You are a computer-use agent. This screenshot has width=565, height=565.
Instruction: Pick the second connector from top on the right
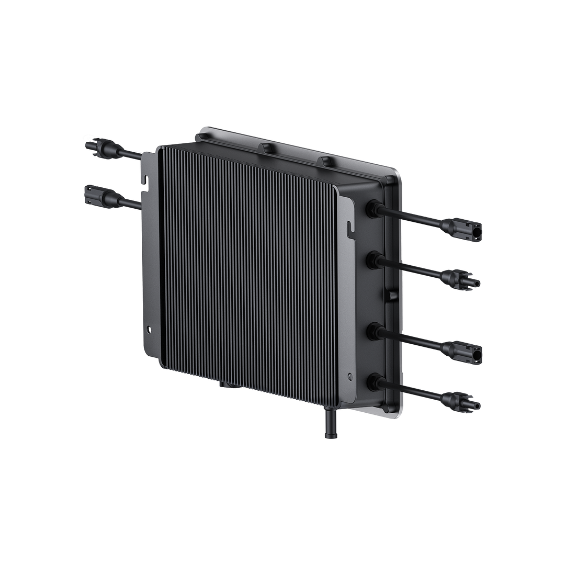(461, 278)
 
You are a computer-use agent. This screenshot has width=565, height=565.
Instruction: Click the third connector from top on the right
(463, 350)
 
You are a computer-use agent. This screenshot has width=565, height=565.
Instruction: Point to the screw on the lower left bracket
(150, 330)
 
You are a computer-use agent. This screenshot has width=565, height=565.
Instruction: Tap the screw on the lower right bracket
(351, 376)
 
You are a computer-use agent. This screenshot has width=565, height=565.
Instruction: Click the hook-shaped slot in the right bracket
(348, 227)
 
